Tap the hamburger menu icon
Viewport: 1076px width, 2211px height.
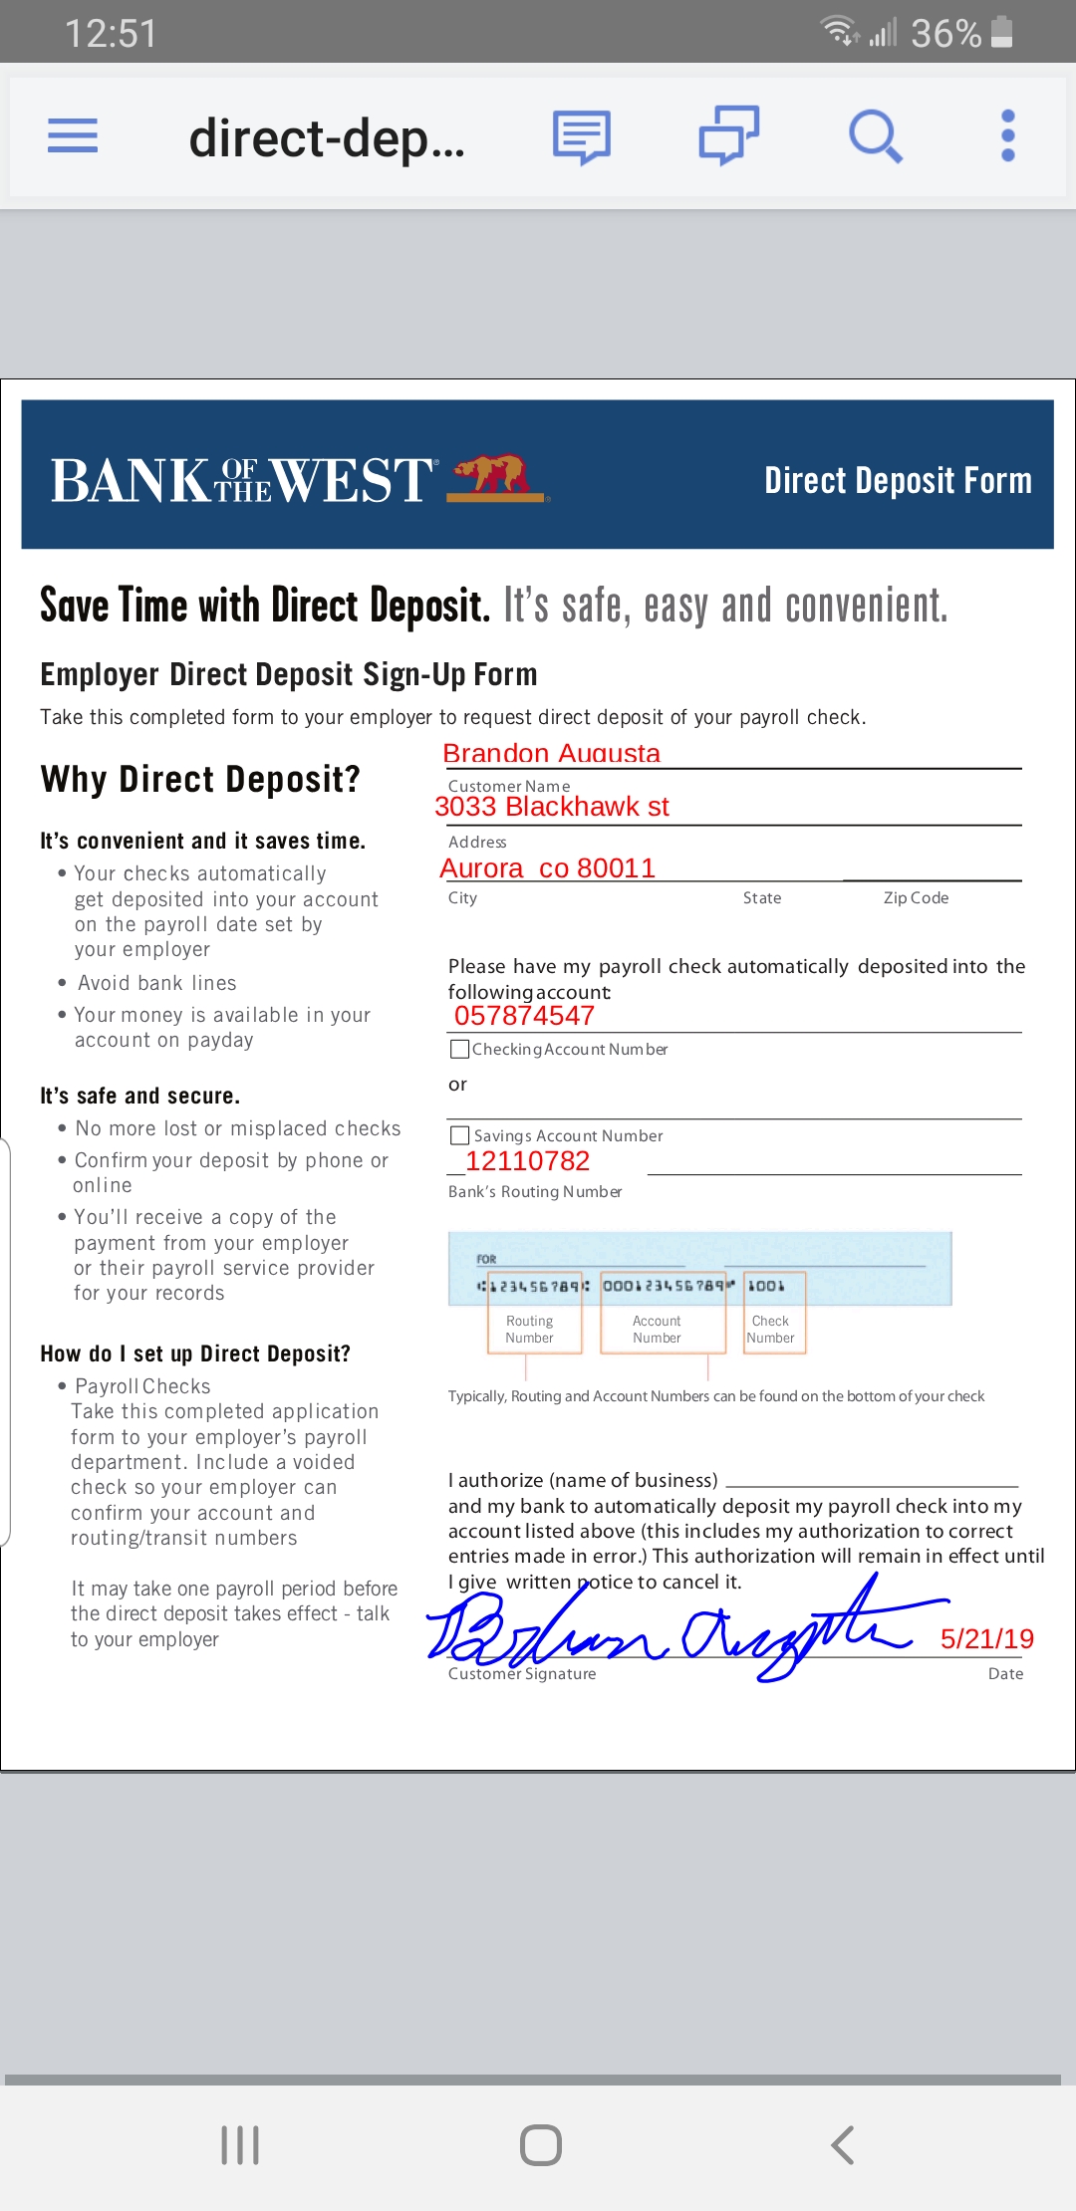point(73,135)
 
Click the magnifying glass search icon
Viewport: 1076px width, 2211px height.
point(875,135)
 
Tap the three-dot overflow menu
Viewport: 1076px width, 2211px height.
point(1007,135)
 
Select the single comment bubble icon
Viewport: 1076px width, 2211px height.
point(582,136)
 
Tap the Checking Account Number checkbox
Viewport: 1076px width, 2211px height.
point(460,1049)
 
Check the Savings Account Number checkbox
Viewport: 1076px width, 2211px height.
point(460,1135)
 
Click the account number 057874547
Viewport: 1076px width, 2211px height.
point(524,1016)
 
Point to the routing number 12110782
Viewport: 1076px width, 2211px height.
point(527,1161)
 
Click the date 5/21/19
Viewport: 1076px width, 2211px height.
point(986,1638)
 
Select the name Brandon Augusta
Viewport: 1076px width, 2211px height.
point(551,753)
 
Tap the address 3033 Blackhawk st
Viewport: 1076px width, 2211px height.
point(552,807)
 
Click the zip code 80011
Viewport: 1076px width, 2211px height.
point(616,868)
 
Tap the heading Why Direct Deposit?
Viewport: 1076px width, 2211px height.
point(200,779)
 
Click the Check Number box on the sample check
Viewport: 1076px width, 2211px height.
point(771,1329)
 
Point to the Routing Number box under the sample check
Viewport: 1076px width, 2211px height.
point(529,1329)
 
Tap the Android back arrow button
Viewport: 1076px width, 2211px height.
point(843,2144)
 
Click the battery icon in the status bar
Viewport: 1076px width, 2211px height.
point(1002,32)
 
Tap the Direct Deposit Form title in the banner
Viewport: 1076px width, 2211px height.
point(898,480)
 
